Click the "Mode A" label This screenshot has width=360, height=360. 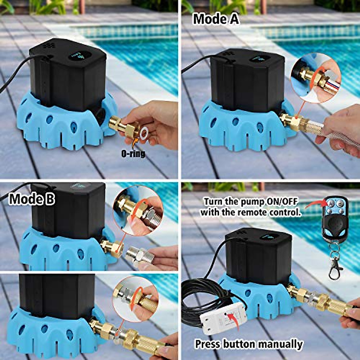pos(216,19)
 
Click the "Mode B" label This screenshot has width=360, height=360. pos(32,199)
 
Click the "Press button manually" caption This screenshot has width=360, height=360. pos(249,344)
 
